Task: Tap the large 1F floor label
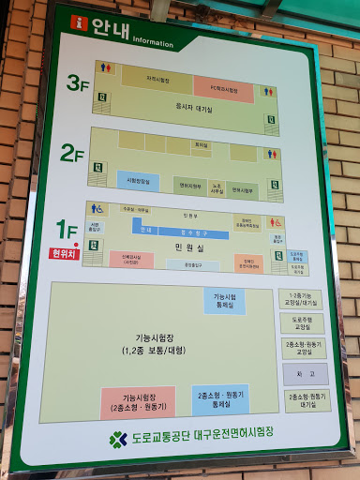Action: (67, 228)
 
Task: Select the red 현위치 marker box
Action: (62, 252)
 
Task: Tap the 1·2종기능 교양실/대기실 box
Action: (300, 299)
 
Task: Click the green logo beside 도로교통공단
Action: (117, 438)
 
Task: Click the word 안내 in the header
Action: (106, 29)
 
